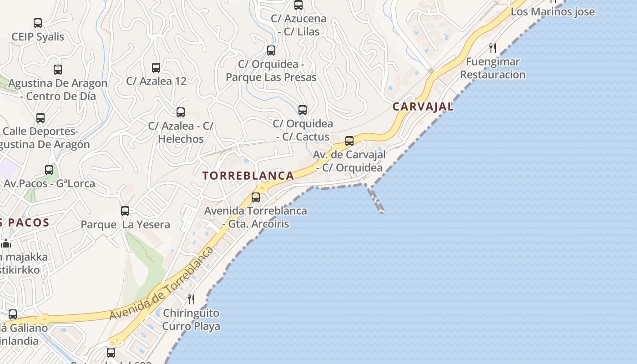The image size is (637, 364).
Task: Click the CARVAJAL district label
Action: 423,106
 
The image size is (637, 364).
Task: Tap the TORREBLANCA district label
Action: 248,176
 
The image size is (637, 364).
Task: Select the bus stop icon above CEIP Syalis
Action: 38,23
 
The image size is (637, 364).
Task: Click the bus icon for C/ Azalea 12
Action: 156,68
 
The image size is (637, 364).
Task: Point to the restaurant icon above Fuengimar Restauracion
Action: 493,48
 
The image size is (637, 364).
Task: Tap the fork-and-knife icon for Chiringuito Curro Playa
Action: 191,299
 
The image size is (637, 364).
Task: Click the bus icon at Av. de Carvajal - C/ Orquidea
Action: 349,141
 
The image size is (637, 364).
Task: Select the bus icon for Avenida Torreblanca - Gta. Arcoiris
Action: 256,197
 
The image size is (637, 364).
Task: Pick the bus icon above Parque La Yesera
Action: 125,211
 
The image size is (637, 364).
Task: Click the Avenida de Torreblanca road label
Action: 162,284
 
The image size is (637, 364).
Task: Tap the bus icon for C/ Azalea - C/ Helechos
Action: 181,112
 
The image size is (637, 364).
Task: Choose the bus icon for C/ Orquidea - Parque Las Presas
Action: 271,51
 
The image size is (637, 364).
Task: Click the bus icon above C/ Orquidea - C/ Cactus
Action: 303,110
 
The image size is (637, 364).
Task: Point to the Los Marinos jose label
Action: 552,12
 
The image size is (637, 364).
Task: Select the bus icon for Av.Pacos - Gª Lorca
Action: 49,170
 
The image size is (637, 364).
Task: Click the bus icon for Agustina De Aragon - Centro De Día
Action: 58,70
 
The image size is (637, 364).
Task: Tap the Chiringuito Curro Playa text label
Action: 191,319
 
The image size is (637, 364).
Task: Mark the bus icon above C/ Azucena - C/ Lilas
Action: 298,5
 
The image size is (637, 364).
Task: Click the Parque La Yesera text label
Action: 125,224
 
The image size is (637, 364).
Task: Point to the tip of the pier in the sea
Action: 381,211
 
